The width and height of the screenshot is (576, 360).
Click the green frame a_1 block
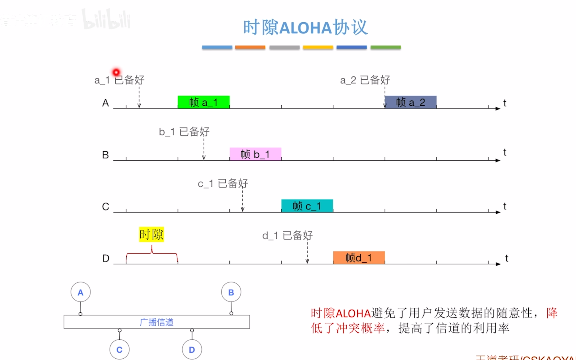(203, 102)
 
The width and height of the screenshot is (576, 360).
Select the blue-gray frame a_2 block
(411, 102)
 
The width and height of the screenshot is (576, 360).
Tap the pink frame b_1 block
(255, 154)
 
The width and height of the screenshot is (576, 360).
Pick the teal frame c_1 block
(307, 206)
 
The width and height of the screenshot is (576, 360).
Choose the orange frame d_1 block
(359, 258)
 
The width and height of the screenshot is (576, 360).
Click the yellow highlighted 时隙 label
(151, 234)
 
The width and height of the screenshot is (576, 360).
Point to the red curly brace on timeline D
(152, 254)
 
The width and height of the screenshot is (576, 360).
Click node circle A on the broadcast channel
(81, 292)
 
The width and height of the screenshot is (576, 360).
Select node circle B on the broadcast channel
(231, 292)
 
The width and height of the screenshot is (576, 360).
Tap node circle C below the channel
(120, 349)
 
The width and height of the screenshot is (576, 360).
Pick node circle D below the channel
(192, 349)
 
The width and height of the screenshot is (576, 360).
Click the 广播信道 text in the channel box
(157, 322)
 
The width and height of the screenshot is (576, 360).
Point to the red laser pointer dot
(116, 72)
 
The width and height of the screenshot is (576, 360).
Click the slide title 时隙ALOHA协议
(305, 27)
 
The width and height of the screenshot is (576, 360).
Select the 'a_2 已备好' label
(365, 80)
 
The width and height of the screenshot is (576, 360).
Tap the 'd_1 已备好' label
(287, 236)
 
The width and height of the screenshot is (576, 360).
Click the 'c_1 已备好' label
(223, 184)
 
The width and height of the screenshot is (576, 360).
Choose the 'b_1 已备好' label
(184, 132)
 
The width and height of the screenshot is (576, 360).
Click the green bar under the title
(385, 47)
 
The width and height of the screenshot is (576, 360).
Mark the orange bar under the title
(250, 47)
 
